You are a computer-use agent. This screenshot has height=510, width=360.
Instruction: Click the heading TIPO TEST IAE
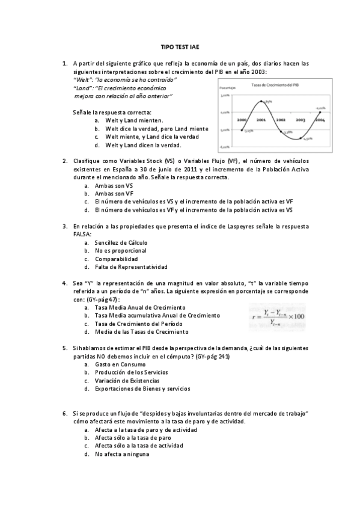179,46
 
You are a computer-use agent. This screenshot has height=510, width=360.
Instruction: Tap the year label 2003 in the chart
301,120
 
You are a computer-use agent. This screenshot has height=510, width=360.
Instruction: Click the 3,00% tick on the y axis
225,95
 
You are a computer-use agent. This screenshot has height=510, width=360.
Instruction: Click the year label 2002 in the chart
281,120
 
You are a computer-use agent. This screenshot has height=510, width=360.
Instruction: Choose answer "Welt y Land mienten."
130,120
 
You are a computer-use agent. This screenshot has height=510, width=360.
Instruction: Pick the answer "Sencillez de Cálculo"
121,242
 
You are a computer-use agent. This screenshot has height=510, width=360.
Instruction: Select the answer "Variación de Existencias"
127,381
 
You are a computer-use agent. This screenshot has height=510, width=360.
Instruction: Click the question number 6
64,414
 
